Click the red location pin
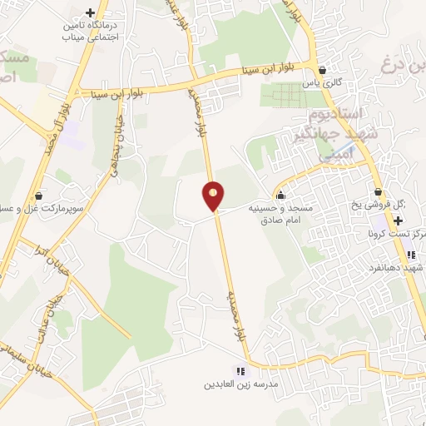[214, 196]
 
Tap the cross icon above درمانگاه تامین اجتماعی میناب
[90, 12]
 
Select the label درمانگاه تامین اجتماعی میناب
[91, 32]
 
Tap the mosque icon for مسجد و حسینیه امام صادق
[280, 196]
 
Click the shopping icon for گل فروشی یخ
[379, 193]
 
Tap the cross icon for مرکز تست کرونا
[399, 221]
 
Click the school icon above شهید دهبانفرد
[410, 255]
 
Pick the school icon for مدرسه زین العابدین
[240, 371]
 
